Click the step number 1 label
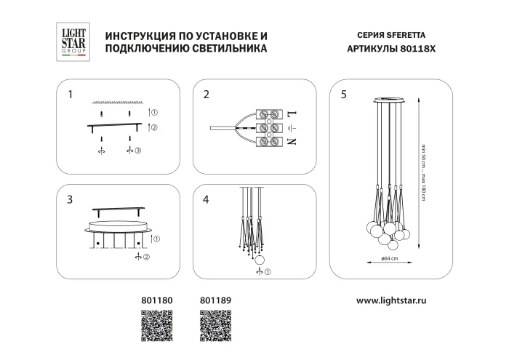(x=70, y=95)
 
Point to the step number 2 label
(x=207, y=95)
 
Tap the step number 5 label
(x=343, y=95)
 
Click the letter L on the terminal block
(x=294, y=115)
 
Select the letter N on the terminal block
(x=294, y=142)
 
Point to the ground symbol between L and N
(x=294, y=129)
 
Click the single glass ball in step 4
(x=260, y=260)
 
